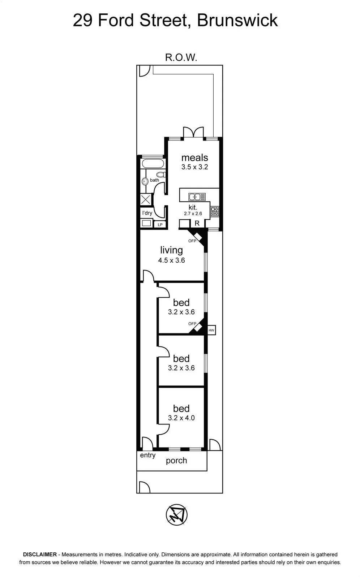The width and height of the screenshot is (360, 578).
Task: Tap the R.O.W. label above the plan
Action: (x=181, y=57)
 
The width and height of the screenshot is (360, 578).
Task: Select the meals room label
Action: (x=195, y=158)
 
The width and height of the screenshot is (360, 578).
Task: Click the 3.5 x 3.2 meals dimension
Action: (x=195, y=167)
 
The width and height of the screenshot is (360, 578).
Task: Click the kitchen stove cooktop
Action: (x=215, y=211)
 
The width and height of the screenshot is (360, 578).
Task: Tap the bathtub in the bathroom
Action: (x=153, y=164)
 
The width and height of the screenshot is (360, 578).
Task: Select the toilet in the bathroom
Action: (x=161, y=174)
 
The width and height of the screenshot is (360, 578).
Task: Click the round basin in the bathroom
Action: (x=145, y=181)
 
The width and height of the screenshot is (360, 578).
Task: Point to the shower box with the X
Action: (x=146, y=200)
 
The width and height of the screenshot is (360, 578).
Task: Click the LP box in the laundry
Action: (x=160, y=224)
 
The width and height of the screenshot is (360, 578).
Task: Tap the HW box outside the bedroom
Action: (x=211, y=330)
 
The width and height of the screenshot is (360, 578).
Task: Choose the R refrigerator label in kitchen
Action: (x=197, y=223)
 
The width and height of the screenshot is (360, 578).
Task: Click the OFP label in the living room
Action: (x=192, y=241)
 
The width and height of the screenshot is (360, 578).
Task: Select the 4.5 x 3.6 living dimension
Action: (x=171, y=260)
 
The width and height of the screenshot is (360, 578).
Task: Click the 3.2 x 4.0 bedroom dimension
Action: (x=181, y=418)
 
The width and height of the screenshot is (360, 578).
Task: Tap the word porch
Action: (x=176, y=461)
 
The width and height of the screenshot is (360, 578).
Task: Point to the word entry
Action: (x=148, y=455)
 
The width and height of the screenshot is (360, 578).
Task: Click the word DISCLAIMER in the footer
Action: (x=40, y=554)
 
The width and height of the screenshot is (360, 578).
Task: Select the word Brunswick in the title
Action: (x=237, y=20)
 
